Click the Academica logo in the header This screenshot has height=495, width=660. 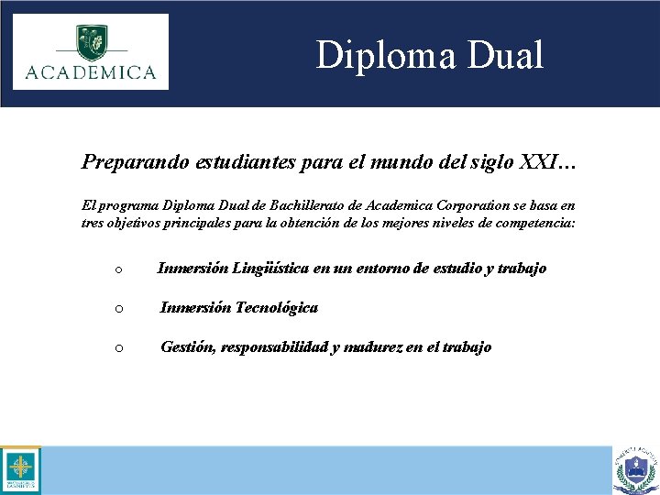click(91, 51)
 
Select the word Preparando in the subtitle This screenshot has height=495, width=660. click(134, 162)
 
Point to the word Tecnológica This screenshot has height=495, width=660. click(276, 308)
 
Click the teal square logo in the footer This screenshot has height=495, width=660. click(19, 470)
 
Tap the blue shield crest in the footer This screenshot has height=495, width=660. click(636, 470)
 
